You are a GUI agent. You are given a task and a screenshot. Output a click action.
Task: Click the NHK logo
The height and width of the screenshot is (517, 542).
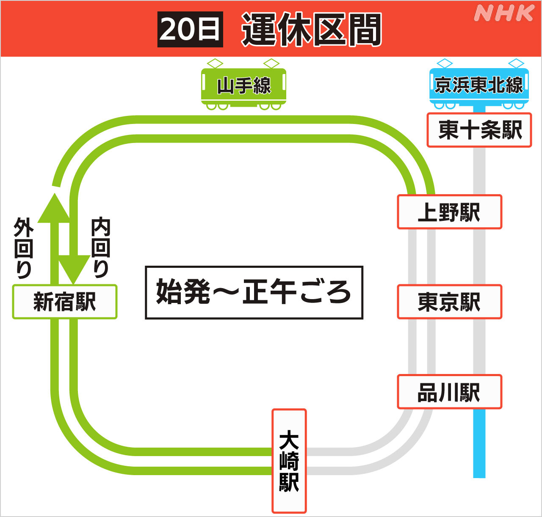504,13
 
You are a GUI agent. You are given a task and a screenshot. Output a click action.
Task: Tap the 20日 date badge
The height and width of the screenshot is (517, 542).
190,29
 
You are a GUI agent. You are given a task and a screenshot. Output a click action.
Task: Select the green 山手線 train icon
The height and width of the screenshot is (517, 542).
243,86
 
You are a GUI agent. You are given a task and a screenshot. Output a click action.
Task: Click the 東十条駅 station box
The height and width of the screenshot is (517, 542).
479,130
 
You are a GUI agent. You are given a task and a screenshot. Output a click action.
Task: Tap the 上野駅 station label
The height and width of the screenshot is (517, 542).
449,212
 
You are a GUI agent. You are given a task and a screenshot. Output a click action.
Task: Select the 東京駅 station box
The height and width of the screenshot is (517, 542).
449,302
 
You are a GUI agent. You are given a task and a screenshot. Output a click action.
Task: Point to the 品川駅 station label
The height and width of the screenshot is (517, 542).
449,392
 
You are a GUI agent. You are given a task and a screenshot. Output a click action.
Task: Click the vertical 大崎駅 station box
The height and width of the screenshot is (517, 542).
289,461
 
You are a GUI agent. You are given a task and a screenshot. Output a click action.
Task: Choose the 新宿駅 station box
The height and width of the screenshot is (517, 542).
65,302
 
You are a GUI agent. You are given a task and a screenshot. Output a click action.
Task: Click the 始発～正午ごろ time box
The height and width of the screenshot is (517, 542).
254,292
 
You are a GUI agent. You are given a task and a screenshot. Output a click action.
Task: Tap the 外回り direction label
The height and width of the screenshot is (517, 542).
23,248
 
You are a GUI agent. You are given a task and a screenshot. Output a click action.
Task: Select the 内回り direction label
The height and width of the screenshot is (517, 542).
101,248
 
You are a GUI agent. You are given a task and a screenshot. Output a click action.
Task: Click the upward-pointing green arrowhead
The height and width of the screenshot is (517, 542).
54,209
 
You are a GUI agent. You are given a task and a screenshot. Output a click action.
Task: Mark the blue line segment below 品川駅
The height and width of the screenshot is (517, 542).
479,444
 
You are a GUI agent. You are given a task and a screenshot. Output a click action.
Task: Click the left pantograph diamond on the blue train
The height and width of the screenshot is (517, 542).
445,63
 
